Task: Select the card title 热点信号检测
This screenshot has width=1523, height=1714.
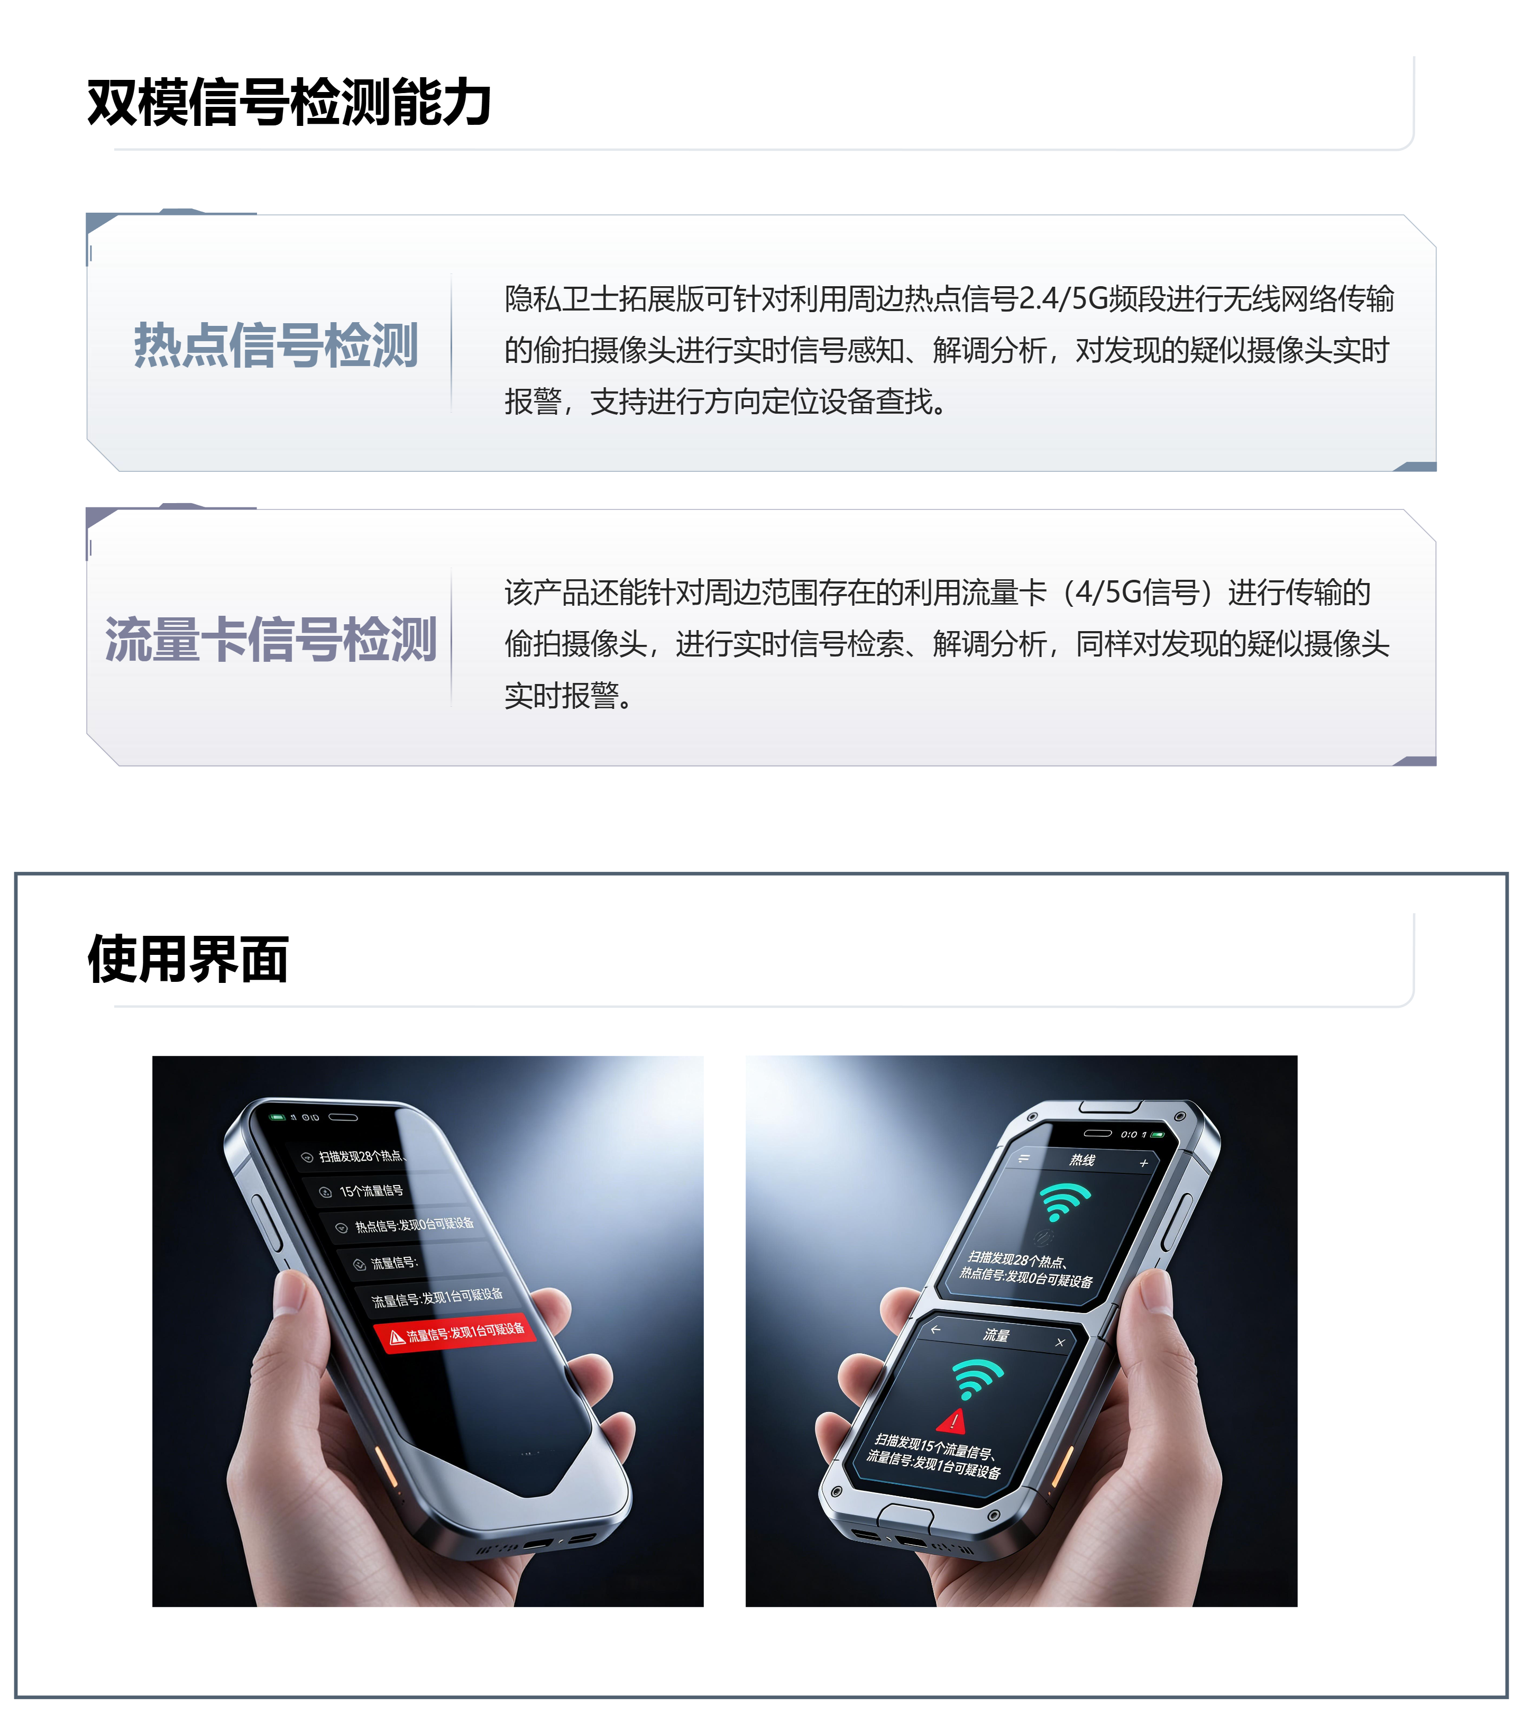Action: pos(276,344)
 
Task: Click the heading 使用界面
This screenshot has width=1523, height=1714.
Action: pos(189,959)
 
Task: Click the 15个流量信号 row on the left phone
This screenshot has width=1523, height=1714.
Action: pos(371,1191)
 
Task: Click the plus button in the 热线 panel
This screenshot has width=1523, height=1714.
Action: pos(1143,1163)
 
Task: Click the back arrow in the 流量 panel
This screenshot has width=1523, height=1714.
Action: pos(935,1329)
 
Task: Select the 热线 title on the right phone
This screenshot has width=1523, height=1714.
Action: pos(1082,1160)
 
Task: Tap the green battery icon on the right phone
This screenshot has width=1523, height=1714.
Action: pos(1158,1135)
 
